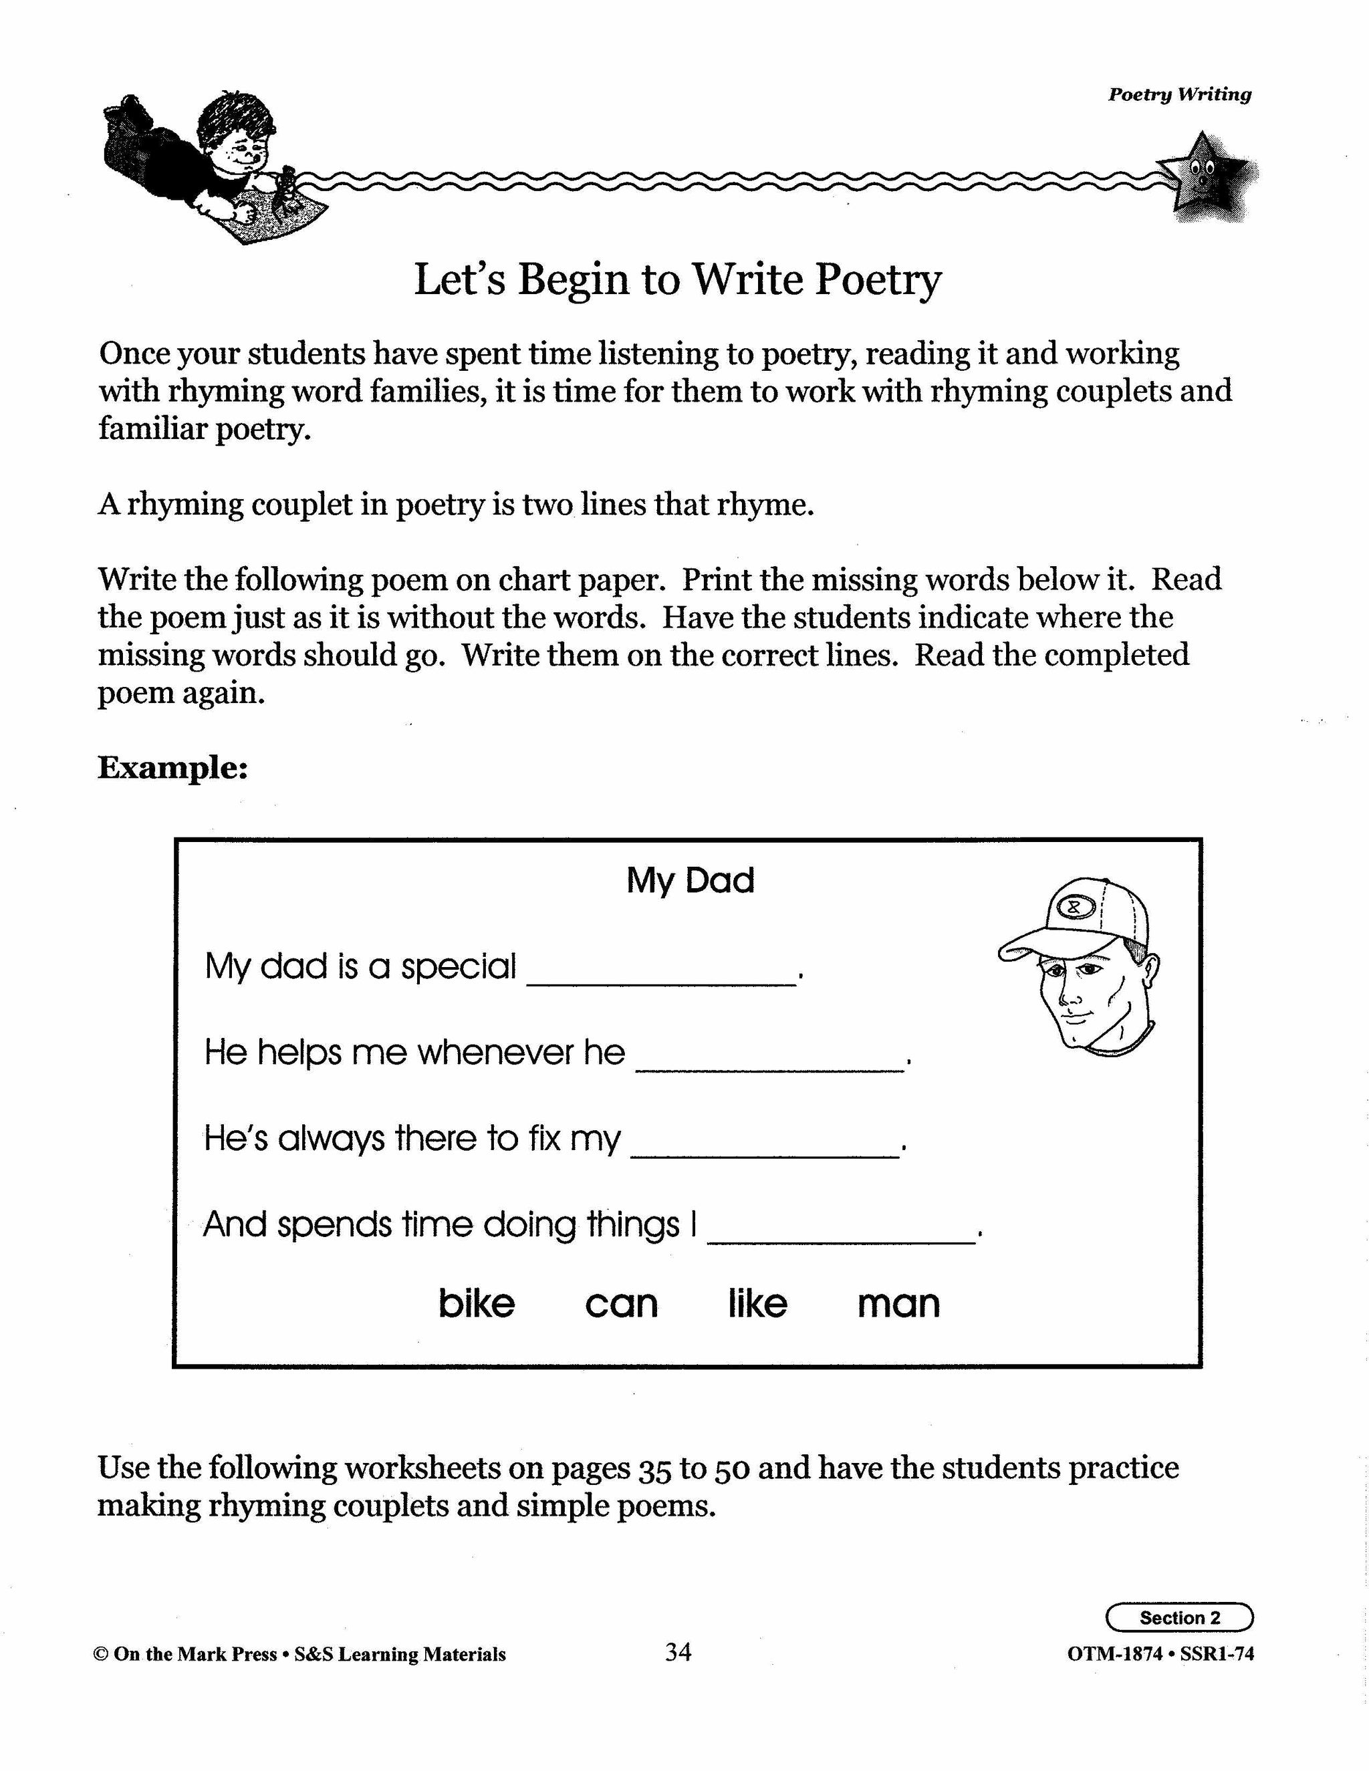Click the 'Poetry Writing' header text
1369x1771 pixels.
pos(1179,94)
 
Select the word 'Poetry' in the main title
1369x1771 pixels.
pos(878,280)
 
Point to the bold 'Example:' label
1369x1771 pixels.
pos(172,767)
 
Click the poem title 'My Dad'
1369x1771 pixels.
pos(690,881)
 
